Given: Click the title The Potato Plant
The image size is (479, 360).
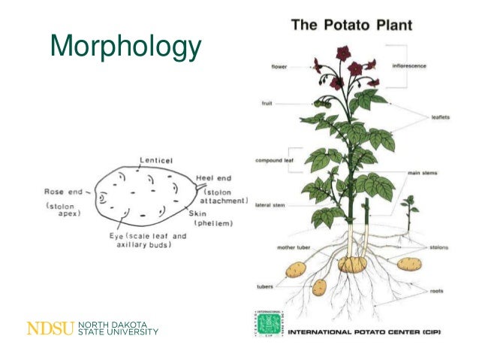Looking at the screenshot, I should pos(351,26).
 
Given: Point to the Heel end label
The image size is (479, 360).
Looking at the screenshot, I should pos(214,178).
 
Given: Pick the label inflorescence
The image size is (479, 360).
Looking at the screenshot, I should pos(410,65).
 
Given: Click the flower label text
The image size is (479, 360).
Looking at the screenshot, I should pos(279,66).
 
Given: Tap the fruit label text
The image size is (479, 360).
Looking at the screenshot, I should pos(267,103).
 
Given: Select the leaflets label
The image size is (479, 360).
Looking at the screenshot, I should pos(441,117).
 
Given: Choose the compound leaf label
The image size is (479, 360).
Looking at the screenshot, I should pos(273,160).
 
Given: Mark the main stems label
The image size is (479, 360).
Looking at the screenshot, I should pos(423,173).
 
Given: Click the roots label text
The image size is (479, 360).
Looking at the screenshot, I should pos(436,291).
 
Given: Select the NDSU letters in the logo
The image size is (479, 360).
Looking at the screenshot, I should pos(50,328).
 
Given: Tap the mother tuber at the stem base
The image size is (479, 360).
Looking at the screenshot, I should pos(351,264).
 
